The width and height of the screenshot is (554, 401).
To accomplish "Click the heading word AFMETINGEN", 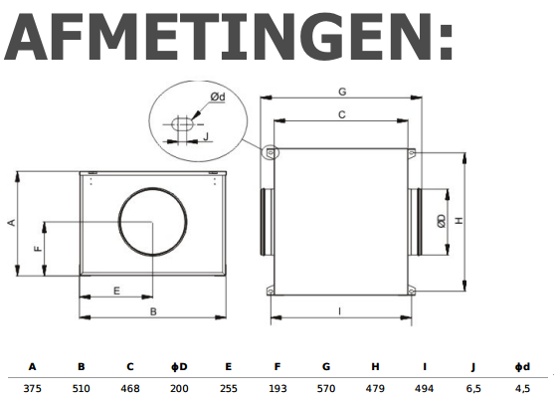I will tap(230, 41).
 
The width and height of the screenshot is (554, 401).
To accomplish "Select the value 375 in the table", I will tap(33, 387).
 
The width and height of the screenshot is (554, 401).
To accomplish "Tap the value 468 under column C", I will tap(129, 387).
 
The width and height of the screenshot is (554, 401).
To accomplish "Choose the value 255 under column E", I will tap(228, 387).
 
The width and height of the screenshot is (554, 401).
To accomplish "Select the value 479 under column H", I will tap(375, 387).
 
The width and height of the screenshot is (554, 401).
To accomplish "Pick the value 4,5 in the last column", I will tap(523, 387).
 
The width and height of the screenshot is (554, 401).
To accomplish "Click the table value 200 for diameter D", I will tap(179, 387).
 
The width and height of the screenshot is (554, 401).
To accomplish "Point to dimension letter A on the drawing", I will tap(11, 223).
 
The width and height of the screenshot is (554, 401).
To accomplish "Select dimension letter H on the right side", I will tap(460, 222).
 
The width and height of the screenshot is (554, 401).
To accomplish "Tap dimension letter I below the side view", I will tap(339, 311).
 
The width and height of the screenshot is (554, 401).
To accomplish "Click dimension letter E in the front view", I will tap(116, 291).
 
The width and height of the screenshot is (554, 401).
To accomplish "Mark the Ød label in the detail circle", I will tap(217, 97).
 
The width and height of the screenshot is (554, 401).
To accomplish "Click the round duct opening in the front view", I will tap(152, 225).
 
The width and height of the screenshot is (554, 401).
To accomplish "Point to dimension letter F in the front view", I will tap(38, 249).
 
